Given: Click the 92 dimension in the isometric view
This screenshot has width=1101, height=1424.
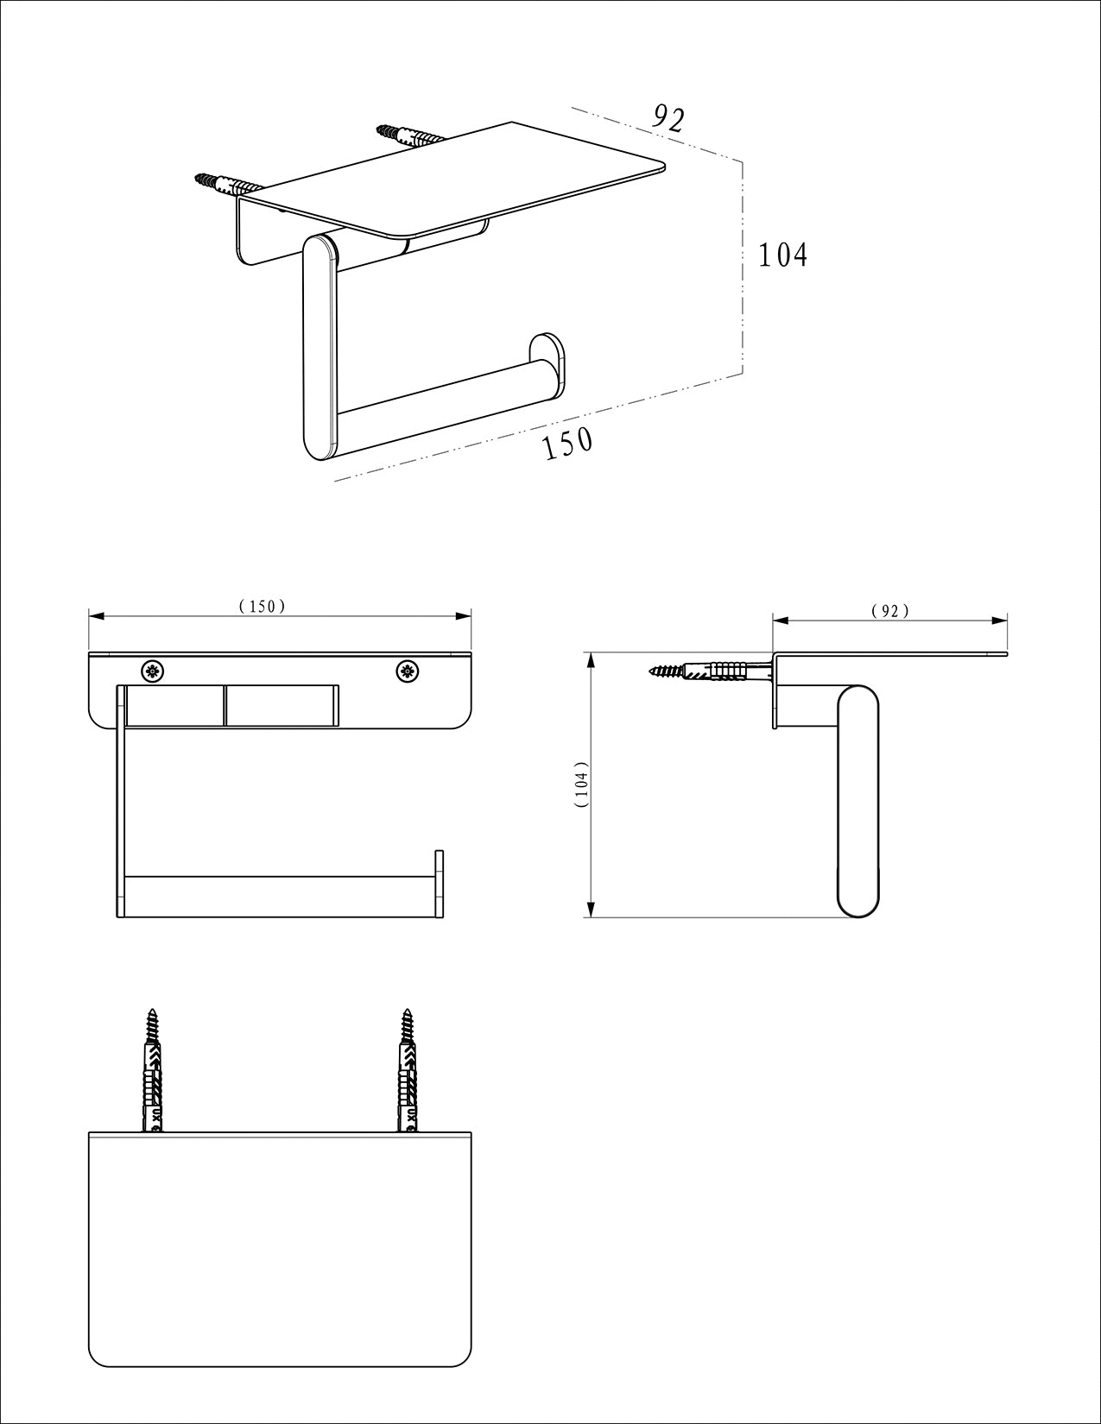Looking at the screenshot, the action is click(669, 118).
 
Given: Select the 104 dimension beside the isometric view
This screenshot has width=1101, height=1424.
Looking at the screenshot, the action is click(783, 255).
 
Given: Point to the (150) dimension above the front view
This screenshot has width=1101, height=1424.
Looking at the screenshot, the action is click(263, 606).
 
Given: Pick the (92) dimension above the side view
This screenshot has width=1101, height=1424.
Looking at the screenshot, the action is click(889, 611).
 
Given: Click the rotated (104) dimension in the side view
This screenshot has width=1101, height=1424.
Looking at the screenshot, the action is click(582, 784).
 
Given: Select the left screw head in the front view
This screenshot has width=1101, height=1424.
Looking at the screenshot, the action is click(153, 671).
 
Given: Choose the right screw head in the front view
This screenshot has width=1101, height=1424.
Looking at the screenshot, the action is click(408, 671).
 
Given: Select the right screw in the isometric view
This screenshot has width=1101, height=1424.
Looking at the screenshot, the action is click(410, 135).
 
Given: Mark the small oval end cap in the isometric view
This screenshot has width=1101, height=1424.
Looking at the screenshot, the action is click(547, 366).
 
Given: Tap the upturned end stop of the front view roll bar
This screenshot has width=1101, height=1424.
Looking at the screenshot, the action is click(440, 884).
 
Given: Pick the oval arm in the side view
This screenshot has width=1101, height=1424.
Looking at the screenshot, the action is click(858, 801).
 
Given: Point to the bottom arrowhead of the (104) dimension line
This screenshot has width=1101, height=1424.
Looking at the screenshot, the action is click(591, 910).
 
